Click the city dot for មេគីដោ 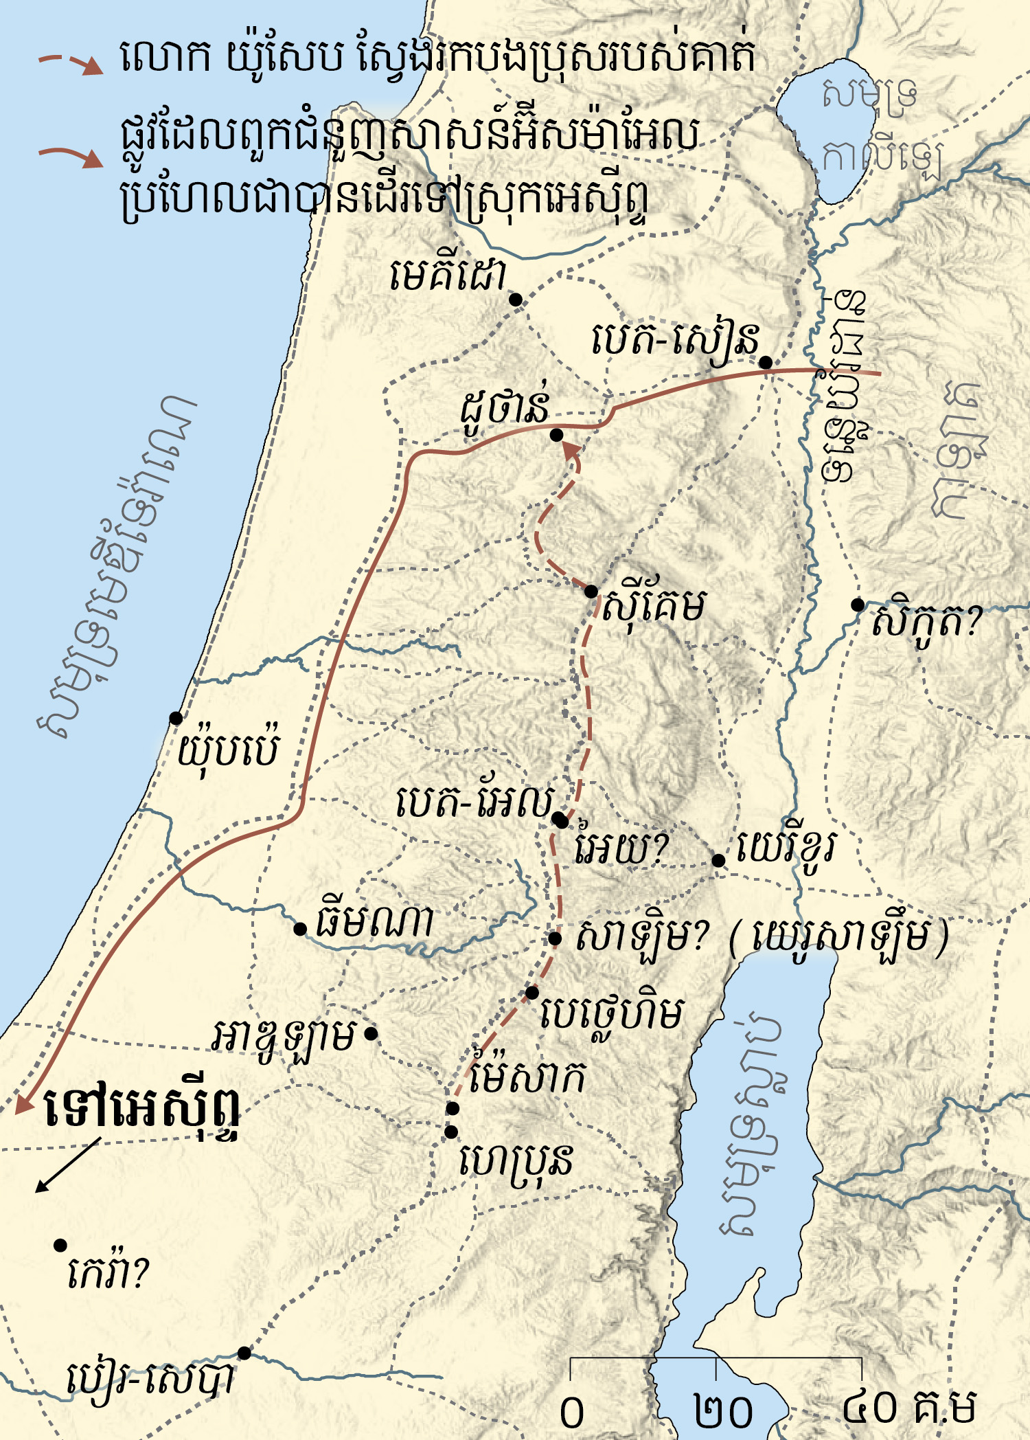coord(516,300)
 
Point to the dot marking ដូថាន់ coord(557,435)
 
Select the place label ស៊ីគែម coord(653,606)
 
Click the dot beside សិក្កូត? coord(858,605)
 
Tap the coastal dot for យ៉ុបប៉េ coord(176,718)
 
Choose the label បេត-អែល coord(474,801)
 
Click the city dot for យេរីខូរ coord(718,860)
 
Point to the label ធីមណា coord(374,923)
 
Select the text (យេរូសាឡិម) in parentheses coord(839,936)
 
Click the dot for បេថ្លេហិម coord(532,993)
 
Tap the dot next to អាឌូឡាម coord(371,1033)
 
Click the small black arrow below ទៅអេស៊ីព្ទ coord(67,1165)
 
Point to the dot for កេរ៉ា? coord(60,1245)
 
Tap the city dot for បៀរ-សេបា coord(244,1353)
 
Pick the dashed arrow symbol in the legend coord(70,64)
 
